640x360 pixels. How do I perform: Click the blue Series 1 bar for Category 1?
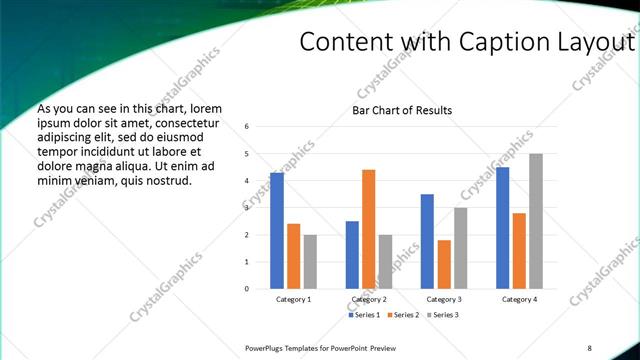(277, 231)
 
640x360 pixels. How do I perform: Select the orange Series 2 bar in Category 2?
(368, 229)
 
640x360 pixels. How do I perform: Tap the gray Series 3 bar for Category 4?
(536, 221)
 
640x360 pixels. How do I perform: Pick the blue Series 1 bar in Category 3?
(427, 241)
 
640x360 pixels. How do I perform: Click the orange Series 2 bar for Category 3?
(444, 264)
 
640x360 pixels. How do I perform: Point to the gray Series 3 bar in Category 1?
(310, 261)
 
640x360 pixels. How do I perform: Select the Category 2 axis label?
(368, 300)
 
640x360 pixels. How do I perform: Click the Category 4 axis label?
(519, 300)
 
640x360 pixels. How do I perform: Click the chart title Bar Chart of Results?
(402, 110)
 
